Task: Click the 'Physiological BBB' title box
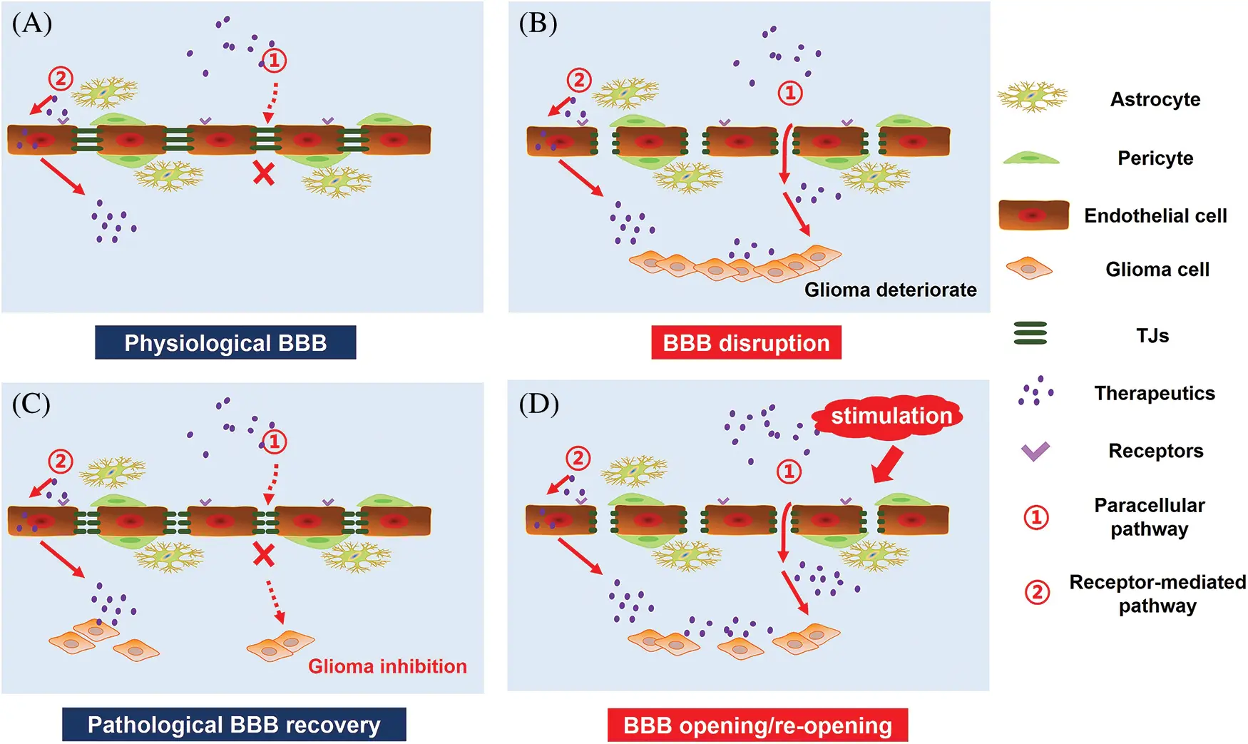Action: (x=225, y=343)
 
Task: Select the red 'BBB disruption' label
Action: (x=746, y=343)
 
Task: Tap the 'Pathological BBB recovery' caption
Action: (x=234, y=725)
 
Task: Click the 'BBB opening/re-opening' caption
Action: (x=757, y=725)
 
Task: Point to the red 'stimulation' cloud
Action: (x=891, y=416)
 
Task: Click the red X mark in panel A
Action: (x=264, y=173)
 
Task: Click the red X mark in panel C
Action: (x=264, y=554)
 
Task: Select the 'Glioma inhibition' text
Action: (x=387, y=666)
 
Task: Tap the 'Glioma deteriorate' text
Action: (x=890, y=290)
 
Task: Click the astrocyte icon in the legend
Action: (x=1032, y=98)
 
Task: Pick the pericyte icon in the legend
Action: (x=1030, y=158)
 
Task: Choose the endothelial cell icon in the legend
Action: (x=1033, y=215)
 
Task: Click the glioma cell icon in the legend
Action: (x=1029, y=269)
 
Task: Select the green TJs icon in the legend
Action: (x=1030, y=333)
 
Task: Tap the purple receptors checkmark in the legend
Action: (x=1035, y=451)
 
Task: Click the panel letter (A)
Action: (x=31, y=24)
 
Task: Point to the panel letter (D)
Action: (x=538, y=404)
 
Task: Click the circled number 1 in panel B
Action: (x=789, y=93)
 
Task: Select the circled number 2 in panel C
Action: (x=61, y=462)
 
